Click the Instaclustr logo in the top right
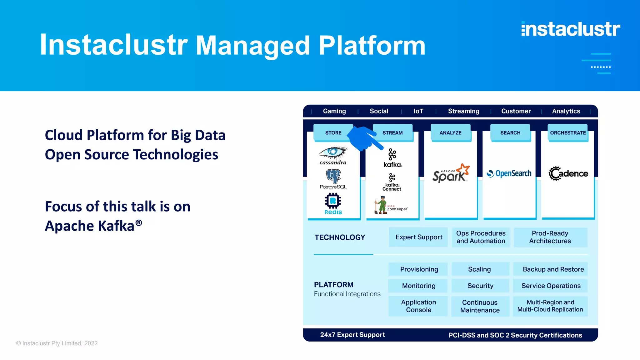click(x=571, y=29)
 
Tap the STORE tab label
click(x=333, y=133)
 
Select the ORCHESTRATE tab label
click(x=568, y=133)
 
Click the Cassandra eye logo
click(x=333, y=152)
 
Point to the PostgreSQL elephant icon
click(x=333, y=176)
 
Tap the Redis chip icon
click(x=333, y=201)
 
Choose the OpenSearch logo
click(x=509, y=173)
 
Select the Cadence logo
click(x=568, y=173)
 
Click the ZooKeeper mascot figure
click(x=382, y=205)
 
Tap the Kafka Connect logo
click(x=392, y=182)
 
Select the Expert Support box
click(x=419, y=237)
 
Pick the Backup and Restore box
click(x=553, y=269)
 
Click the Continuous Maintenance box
click(x=480, y=306)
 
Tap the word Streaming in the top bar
click(x=463, y=111)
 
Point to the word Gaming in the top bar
click(x=334, y=111)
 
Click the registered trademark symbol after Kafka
click(x=139, y=222)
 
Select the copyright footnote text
click(x=57, y=343)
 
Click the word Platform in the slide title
click(x=372, y=46)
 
